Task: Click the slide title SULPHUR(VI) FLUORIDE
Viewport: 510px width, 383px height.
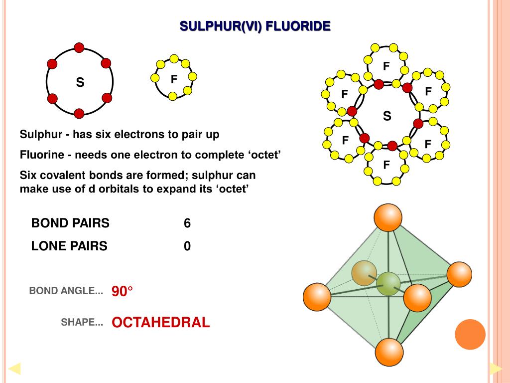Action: [255, 26]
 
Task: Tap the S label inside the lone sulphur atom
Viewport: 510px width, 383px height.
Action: [80, 83]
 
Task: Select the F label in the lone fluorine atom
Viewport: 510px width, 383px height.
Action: [174, 79]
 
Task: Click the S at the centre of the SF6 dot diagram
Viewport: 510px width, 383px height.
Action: [387, 116]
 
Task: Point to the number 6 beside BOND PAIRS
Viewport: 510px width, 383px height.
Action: [187, 223]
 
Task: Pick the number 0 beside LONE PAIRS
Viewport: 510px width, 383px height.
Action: [187, 246]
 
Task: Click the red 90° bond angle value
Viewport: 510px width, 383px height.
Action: [123, 291]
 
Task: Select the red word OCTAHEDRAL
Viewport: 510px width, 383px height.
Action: [161, 323]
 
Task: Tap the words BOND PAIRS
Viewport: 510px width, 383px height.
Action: [70, 223]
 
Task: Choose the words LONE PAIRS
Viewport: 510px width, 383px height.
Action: [69, 246]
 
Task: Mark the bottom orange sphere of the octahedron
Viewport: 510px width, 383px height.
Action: [388, 352]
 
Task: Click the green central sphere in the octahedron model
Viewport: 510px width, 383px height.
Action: [388, 284]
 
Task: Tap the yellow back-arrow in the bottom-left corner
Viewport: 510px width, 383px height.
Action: [14, 369]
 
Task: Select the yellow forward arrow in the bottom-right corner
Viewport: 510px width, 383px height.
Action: [496, 369]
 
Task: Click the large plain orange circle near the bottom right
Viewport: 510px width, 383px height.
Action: [470, 334]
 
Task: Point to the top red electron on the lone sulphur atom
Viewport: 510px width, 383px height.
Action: [79, 48]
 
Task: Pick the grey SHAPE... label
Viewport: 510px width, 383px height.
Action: [82, 323]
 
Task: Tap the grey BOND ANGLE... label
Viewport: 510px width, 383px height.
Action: [66, 291]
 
